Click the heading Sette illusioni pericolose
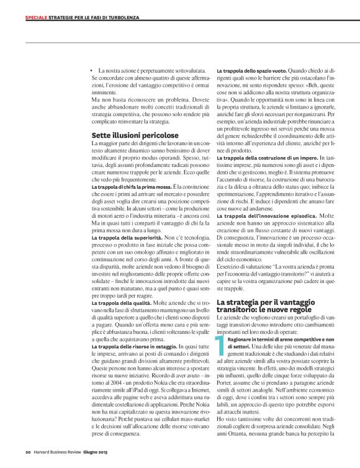(135, 135)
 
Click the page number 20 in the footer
(29, 451)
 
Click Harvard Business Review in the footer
(61, 451)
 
